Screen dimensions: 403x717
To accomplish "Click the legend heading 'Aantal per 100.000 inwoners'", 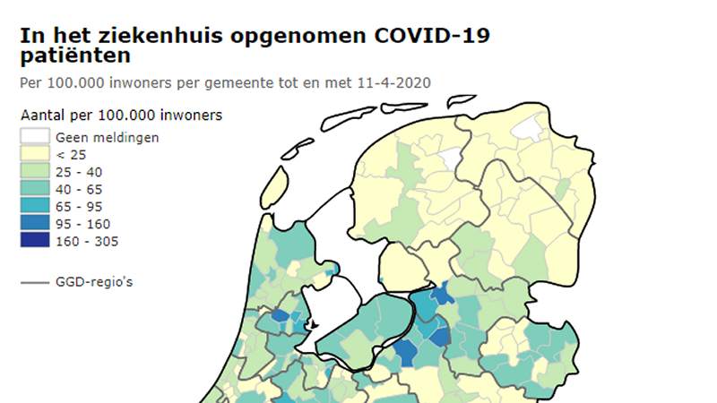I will click(121, 116).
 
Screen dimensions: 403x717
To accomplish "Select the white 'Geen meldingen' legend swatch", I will click(35, 137).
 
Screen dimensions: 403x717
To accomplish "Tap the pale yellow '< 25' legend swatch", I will click(35, 154).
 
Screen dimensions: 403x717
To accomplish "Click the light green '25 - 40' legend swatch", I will click(35, 171).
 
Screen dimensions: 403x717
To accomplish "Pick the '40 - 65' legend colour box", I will click(35, 189).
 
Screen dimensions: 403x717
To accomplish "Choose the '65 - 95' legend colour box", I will click(35, 206).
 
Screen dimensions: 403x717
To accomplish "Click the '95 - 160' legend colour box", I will click(35, 223).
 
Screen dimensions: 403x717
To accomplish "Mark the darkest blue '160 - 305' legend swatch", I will click(35, 241).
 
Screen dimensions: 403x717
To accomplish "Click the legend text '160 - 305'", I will click(87, 241).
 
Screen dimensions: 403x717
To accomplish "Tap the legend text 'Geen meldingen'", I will click(108, 137).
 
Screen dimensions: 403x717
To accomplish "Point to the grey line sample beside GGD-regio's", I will click(35, 282).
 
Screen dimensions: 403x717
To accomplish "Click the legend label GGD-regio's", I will click(95, 282).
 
